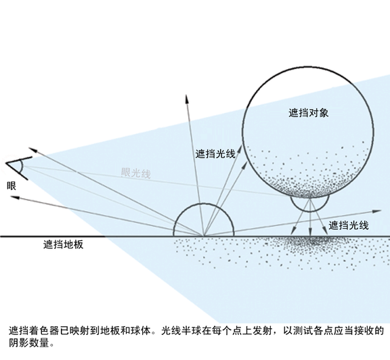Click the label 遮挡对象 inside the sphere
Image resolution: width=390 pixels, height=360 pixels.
point(309,113)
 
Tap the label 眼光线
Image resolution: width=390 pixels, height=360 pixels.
point(136,173)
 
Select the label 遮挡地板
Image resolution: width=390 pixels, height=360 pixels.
point(63,245)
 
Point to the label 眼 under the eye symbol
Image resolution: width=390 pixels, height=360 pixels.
point(12,185)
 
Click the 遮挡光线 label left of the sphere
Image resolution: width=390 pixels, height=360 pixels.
point(215,154)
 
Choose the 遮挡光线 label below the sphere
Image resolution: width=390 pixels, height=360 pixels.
point(349,225)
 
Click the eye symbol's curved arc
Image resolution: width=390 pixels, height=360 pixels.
point(22,166)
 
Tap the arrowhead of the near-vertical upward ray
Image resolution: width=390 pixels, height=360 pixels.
point(187,99)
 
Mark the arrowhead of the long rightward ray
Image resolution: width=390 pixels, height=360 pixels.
point(377,211)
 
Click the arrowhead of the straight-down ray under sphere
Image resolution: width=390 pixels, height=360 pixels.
point(310,231)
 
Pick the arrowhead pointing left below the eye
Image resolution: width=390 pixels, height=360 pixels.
point(15,197)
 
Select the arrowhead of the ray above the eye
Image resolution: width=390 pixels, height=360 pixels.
point(33,150)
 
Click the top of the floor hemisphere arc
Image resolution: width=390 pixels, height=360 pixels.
point(204,204)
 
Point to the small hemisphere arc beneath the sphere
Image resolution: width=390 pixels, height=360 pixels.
point(310,211)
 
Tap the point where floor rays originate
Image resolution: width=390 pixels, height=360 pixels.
point(204,236)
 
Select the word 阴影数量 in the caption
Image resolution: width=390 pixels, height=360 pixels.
point(29,343)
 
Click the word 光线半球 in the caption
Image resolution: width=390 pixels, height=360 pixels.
point(181,331)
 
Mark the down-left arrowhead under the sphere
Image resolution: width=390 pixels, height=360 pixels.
point(293,231)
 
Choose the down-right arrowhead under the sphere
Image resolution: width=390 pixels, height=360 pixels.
point(326,231)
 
